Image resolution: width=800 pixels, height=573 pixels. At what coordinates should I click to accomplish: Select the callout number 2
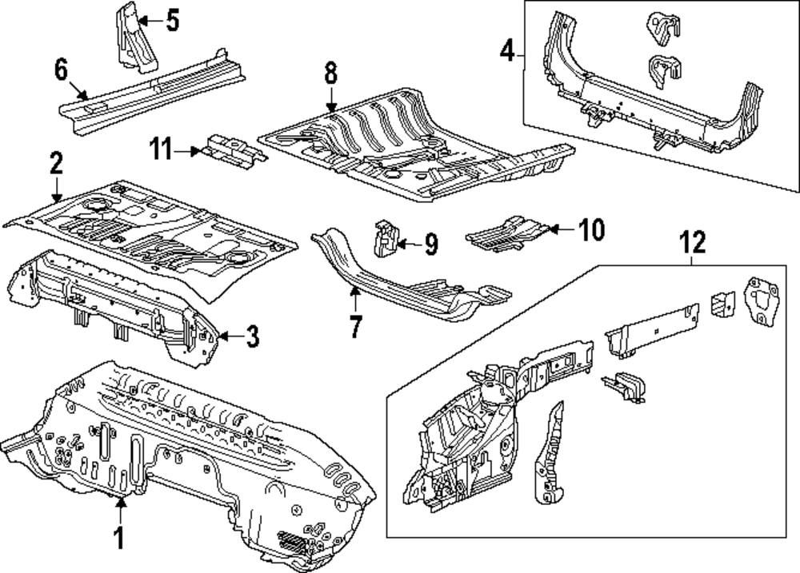[x=55, y=165]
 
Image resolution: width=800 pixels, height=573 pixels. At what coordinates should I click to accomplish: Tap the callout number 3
[x=251, y=337]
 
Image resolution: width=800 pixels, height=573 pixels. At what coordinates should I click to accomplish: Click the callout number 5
[x=172, y=20]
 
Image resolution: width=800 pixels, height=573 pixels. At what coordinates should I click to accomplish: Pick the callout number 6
[x=62, y=70]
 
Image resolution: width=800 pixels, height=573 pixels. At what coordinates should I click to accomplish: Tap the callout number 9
[x=430, y=244]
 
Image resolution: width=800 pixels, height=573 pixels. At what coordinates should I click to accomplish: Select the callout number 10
[x=590, y=230]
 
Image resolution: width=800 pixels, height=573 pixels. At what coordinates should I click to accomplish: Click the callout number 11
[x=161, y=149]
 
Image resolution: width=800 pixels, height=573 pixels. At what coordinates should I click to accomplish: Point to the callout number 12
[x=693, y=241]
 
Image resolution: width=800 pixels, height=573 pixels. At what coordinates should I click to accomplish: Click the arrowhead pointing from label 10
[x=550, y=230]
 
